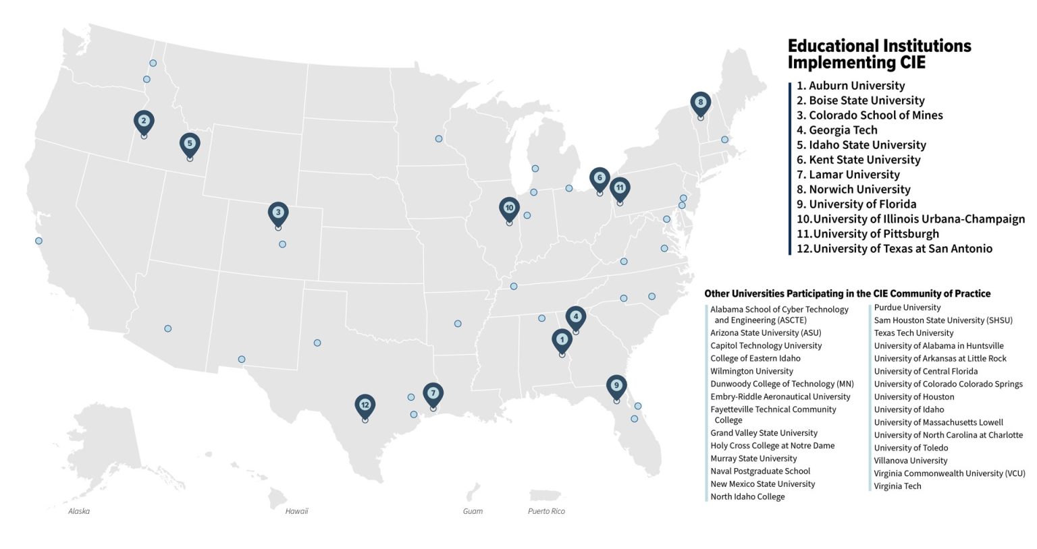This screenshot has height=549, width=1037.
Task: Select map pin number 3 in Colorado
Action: pos(278,213)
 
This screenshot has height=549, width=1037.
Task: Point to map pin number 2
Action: pos(144,122)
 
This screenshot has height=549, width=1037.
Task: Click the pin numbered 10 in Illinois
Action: pos(510,208)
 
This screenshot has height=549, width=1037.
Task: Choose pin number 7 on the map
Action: pos(433,394)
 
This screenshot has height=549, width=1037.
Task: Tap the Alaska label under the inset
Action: pos(79,511)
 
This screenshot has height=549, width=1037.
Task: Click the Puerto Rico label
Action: pos(546,511)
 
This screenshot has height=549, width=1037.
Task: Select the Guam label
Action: pos(473,511)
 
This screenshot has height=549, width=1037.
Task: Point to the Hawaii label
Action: pos(296,511)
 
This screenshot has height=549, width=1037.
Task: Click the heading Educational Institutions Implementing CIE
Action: pos(879,54)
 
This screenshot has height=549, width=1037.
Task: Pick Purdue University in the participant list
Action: pos(907,308)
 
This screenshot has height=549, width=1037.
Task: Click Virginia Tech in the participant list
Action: pos(897,486)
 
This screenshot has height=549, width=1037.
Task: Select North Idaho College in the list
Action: pos(747,497)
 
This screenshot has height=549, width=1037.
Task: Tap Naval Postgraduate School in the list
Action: pos(760,471)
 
